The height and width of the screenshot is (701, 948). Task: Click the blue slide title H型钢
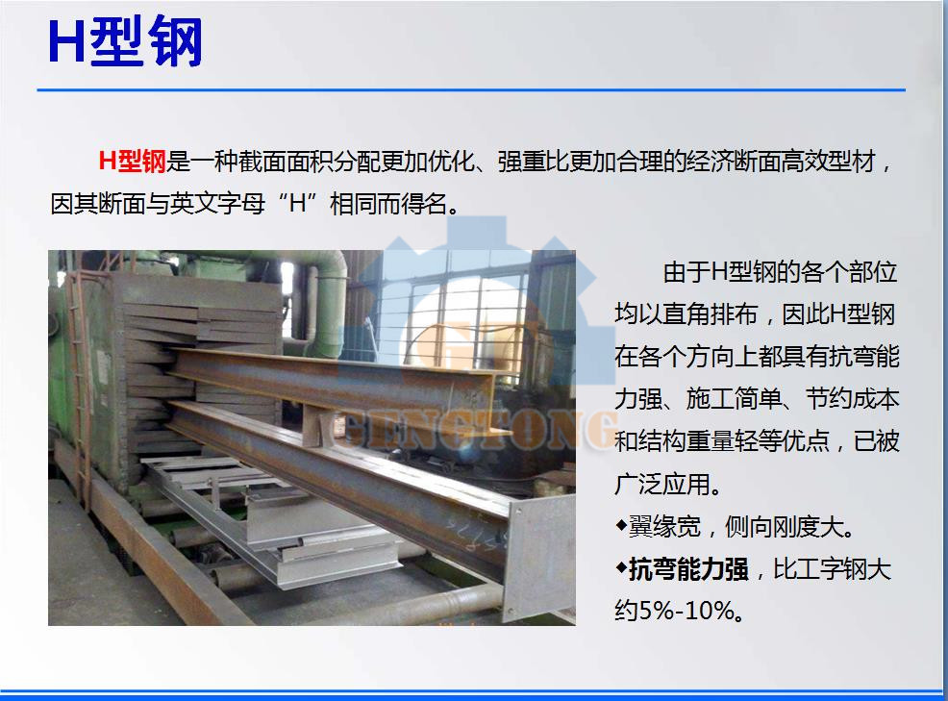pyautogui.click(x=125, y=43)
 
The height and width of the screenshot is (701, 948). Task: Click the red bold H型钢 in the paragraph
pyautogui.click(x=133, y=162)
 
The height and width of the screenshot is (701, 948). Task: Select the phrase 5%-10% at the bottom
pyautogui.click(x=689, y=611)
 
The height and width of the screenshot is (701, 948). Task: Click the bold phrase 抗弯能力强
pyautogui.click(x=687, y=569)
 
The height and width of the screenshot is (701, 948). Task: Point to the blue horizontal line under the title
pyautogui.click(x=471, y=90)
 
